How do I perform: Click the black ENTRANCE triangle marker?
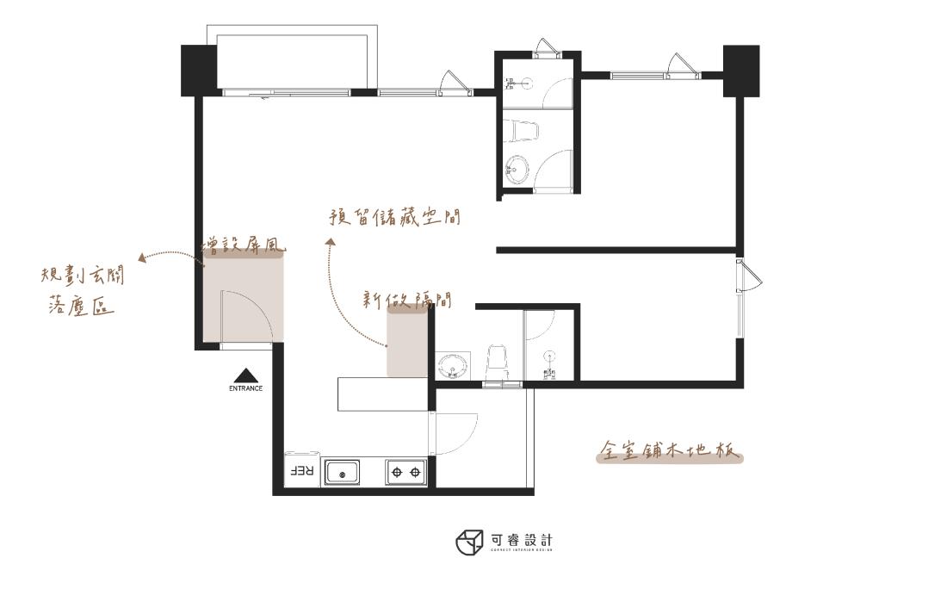245,375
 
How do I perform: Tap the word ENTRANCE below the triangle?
245,388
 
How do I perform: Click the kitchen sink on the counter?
343,472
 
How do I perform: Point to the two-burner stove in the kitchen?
405,472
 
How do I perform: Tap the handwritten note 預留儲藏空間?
394,217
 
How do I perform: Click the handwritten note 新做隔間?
407,300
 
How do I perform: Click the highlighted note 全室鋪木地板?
669,452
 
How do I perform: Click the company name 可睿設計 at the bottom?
522,540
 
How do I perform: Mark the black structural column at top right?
740,71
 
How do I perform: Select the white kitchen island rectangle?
380,394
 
